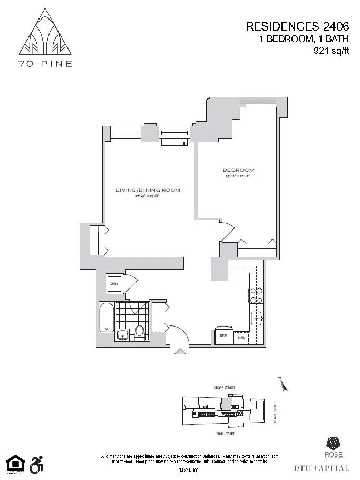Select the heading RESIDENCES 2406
[x=298, y=26]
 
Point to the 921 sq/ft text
[x=328, y=51]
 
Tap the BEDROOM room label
[x=238, y=170]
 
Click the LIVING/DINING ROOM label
[x=148, y=190]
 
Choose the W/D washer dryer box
[x=114, y=285]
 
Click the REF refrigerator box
[x=222, y=335]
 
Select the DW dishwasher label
[x=241, y=337]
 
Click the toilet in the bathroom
[x=140, y=332]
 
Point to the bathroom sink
[x=122, y=335]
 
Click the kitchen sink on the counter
[x=256, y=318]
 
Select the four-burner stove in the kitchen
[x=256, y=295]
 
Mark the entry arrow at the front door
[x=179, y=352]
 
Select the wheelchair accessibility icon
[x=37, y=464]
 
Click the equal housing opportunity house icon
[x=15, y=463]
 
